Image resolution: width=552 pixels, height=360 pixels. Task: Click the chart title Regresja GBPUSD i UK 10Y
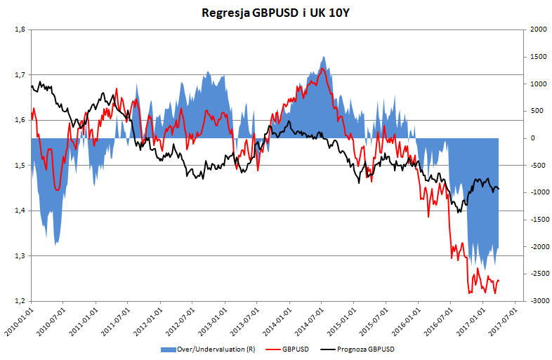pos(275,13)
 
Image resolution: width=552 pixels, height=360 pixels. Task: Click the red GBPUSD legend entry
pos(294,349)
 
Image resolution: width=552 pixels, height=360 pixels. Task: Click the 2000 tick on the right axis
pos(538,29)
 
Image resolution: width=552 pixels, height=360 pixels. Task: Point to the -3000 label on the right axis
pos(538,301)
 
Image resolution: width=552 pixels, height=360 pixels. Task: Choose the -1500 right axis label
pos(538,220)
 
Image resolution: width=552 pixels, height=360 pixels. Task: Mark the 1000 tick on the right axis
pos(538,84)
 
